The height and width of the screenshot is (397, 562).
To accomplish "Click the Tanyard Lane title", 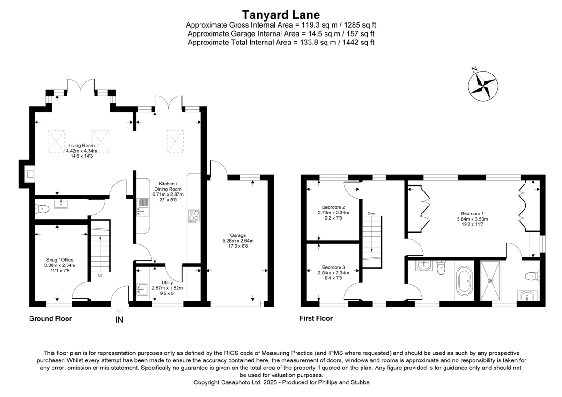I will point(281,15).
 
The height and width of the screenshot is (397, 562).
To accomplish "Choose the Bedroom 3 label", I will point(333,272).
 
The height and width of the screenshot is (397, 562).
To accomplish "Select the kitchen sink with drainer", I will point(143,206).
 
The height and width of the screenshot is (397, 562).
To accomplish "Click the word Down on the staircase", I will point(372,213).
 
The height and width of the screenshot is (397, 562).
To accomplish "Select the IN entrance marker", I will point(119,320).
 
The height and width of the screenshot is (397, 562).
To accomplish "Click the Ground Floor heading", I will point(50,319).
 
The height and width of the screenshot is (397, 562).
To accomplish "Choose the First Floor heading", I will point(316,319).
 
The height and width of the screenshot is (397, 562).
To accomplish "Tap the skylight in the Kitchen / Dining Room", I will point(175,141).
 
